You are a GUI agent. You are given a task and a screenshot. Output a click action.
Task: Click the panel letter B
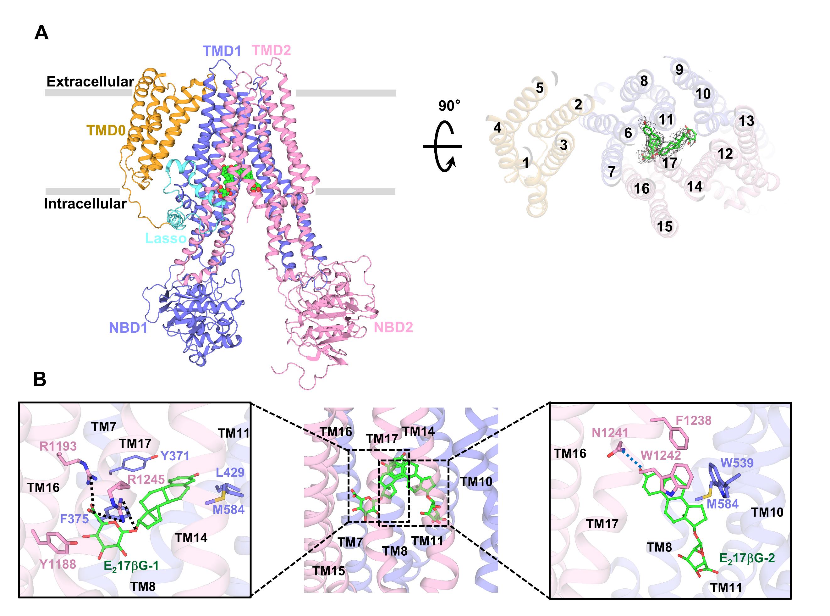tap(40, 379)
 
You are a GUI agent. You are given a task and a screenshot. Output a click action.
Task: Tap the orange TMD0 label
tap(106, 130)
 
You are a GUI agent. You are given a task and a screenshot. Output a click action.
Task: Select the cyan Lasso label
tap(166, 238)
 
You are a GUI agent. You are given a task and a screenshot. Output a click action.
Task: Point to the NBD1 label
tap(128, 328)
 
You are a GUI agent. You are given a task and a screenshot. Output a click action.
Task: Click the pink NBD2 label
tap(393, 327)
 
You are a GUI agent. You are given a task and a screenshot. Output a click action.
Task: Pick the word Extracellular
tap(90, 82)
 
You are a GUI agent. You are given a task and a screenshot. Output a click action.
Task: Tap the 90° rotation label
tap(449, 106)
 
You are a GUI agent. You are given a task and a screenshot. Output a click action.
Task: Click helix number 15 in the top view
tap(665, 226)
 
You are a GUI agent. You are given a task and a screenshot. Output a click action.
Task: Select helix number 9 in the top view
tap(679, 69)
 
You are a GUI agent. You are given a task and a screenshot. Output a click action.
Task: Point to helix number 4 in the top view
tap(497, 128)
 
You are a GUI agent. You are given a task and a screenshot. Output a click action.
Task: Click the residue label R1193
tap(58, 446)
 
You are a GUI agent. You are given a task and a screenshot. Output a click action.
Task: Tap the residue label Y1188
tap(58, 564)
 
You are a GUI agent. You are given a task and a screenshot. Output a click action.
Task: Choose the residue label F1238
tap(693, 421)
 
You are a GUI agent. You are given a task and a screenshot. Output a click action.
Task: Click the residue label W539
tap(737, 463)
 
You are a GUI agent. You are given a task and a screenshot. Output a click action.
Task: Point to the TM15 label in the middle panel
tap(328, 570)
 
